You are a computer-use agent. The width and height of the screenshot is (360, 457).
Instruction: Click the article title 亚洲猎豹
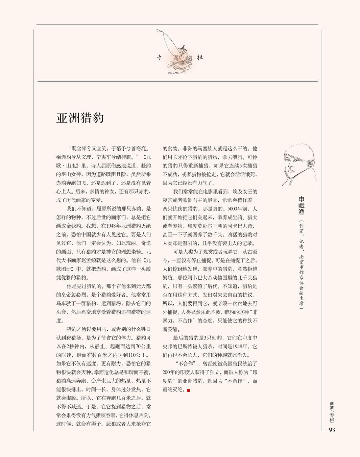[x=80, y=118]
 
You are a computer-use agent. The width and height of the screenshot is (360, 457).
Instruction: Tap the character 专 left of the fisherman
[x=160, y=58]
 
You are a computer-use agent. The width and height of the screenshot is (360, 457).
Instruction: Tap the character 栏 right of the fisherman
[x=200, y=57]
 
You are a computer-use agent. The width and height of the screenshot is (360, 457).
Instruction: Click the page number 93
[x=331, y=430]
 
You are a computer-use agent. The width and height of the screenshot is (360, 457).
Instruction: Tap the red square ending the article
[x=189, y=391]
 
